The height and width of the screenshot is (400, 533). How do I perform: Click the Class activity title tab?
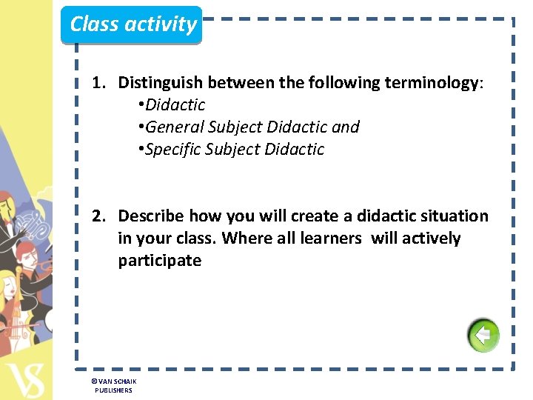point(133,24)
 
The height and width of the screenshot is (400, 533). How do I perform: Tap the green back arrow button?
point(483,336)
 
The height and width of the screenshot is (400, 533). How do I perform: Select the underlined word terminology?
point(432,83)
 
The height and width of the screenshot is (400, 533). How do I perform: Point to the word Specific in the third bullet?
point(173,150)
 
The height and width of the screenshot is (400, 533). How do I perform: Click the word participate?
point(159,261)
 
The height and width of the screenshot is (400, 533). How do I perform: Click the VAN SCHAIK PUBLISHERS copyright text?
point(113,385)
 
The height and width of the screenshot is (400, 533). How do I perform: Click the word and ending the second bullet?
point(346,127)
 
